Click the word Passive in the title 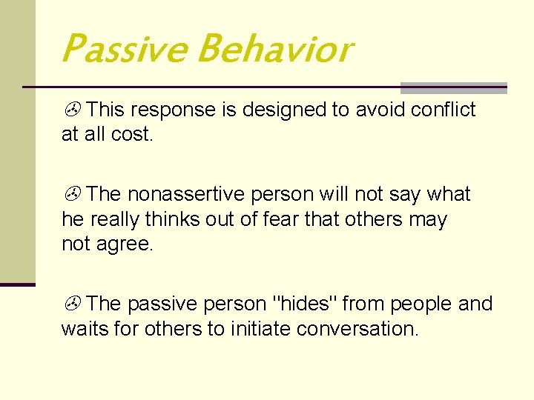(124, 50)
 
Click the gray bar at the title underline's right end (453, 87)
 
